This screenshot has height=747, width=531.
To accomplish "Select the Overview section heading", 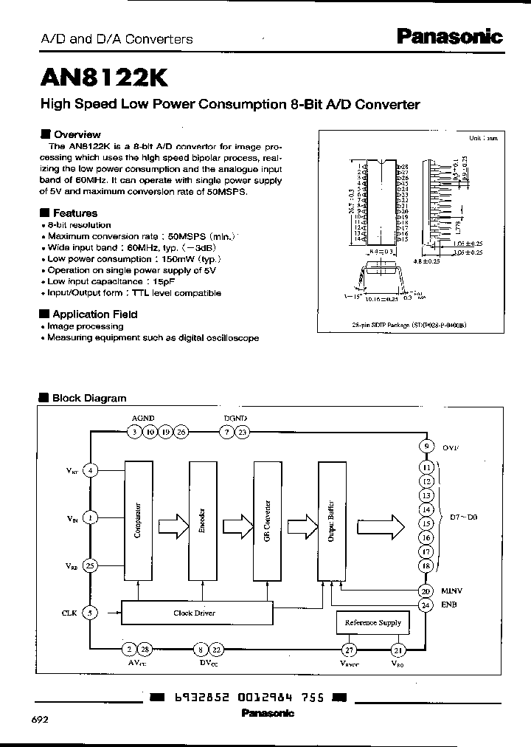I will (x=77, y=134).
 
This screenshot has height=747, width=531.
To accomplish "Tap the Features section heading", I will (x=74, y=213).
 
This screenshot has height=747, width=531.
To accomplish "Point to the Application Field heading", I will (x=94, y=314).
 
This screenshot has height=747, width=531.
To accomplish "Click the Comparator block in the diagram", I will (x=137, y=520).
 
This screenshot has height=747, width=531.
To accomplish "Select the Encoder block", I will (x=201, y=520).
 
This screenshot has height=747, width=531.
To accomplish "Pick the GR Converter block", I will (x=265, y=520).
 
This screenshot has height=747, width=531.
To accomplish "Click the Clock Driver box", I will (x=195, y=613).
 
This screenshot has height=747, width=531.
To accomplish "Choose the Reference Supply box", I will (x=372, y=623).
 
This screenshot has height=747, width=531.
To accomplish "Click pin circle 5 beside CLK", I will (x=90, y=612).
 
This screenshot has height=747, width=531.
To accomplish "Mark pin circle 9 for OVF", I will (x=426, y=446).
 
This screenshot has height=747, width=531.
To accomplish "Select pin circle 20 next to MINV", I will (x=426, y=591).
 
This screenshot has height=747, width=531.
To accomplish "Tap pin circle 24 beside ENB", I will (x=426, y=605).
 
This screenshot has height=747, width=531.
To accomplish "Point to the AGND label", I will (x=143, y=418).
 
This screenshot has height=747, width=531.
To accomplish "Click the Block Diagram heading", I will (x=88, y=398).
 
